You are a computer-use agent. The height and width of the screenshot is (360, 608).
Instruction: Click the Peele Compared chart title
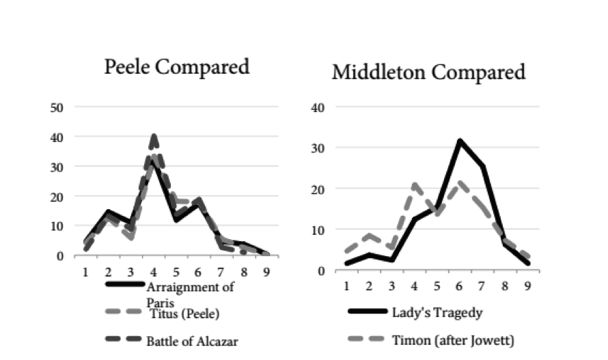pos(176,68)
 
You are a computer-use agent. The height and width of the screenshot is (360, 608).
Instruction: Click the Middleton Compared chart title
pos(428,72)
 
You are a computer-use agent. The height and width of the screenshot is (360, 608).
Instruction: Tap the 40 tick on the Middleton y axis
pos(318,107)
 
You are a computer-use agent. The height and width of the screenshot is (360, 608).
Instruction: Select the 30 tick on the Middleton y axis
pos(318,148)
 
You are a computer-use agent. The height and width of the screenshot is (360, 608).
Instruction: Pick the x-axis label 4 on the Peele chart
pos(154,270)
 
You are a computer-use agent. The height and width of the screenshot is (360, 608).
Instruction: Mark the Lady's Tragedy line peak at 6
pos(460,141)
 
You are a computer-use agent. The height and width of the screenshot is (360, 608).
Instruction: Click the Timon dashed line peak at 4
pos(414,185)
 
